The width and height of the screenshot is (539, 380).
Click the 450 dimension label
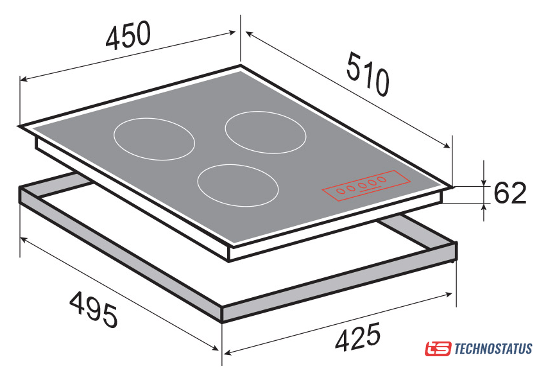128,35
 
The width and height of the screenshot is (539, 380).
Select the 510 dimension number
368,74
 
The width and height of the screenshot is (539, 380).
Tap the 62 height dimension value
509,193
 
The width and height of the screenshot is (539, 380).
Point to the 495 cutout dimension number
94,309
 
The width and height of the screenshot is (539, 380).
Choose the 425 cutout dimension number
358,337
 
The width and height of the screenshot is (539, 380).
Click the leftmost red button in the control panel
341,191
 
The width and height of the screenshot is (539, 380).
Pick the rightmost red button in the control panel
381,179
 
